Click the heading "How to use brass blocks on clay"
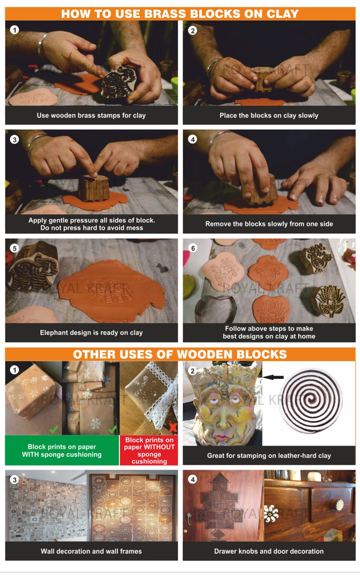[180, 14]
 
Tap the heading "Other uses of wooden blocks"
[180, 354]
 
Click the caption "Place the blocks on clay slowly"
[269, 116]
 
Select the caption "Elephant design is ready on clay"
[91, 333]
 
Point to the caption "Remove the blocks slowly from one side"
[269, 224]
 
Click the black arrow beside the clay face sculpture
[273, 377]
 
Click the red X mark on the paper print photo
[173, 427]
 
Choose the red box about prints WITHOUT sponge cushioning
[149, 450]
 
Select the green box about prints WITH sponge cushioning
[62, 450]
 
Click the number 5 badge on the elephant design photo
[14, 248]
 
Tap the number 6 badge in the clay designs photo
[193, 248]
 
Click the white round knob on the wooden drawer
[340, 505]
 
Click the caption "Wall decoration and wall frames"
[91, 551]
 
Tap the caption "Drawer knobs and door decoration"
[269, 551]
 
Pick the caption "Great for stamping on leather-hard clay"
[269, 456]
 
